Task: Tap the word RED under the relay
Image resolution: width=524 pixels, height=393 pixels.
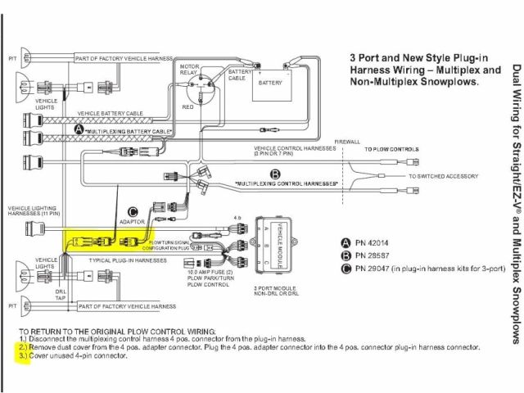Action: [x=187, y=106]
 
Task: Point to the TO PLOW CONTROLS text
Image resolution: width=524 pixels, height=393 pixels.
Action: [x=391, y=150]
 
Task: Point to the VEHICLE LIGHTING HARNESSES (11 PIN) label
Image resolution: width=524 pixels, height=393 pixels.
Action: [x=34, y=211]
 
